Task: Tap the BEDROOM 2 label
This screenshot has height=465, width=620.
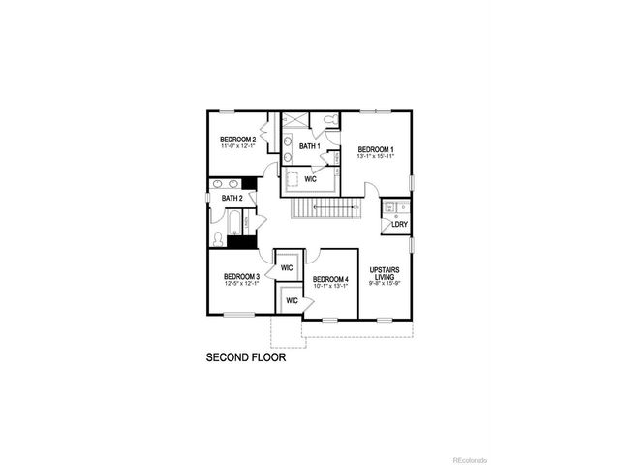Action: tap(237, 139)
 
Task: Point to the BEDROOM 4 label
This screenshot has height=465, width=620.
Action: tap(330, 279)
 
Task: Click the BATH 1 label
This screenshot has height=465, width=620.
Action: tap(310, 146)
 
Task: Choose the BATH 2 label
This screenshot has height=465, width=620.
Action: tap(232, 198)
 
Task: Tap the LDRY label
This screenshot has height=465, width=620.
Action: tap(398, 224)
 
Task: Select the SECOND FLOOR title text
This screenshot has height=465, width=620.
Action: tap(246, 357)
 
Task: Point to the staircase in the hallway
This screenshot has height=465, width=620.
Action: tap(325, 210)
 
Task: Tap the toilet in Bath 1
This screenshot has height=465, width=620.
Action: tap(329, 121)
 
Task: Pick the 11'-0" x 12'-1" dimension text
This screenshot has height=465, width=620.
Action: tap(237, 146)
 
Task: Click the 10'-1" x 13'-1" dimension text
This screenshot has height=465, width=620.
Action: tap(330, 286)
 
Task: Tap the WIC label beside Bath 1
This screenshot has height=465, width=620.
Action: tap(310, 179)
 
